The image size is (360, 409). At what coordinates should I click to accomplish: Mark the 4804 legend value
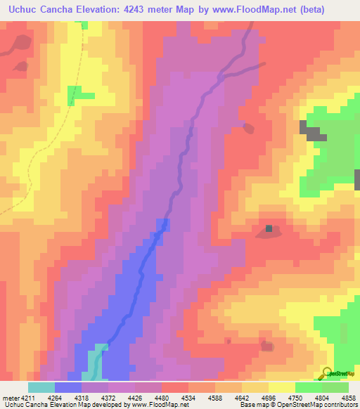coord(326,398)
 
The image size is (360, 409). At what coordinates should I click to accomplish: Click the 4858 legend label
coord(348,398)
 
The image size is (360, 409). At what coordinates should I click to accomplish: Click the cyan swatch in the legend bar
coord(41,387)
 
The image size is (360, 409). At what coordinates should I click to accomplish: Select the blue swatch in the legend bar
coord(68,387)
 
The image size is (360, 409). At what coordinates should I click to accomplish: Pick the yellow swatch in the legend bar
coord(282,387)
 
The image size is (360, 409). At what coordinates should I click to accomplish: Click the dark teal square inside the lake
coord(269,228)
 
